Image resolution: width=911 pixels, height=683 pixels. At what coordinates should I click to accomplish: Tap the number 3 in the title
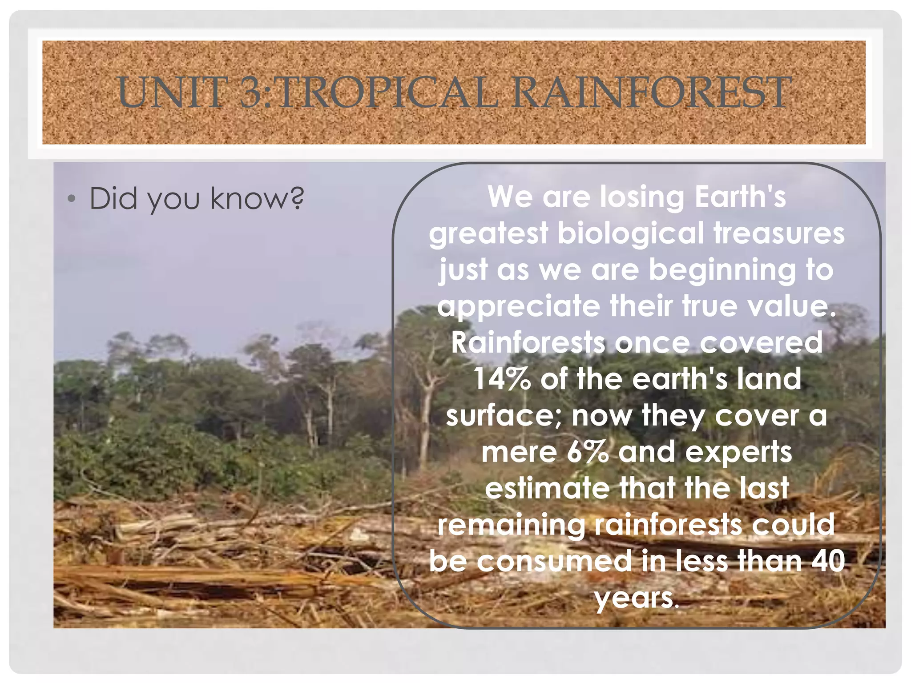click(x=251, y=92)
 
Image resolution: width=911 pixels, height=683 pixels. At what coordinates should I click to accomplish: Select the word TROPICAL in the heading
click(x=386, y=92)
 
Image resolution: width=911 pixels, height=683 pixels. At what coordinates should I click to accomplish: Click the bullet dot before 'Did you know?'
click(x=71, y=199)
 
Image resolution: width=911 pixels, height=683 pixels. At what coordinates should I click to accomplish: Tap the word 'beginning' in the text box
click(x=722, y=270)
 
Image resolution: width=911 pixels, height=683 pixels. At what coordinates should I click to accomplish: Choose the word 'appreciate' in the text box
click(x=518, y=307)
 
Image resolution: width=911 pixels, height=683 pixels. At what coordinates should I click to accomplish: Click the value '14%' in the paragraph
click(x=502, y=379)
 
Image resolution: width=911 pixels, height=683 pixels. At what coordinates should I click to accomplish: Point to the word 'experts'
click(x=738, y=453)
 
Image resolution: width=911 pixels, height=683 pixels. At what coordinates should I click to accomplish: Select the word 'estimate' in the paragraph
click(x=547, y=488)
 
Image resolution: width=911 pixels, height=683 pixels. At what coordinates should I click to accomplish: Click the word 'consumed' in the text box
click(x=554, y=561)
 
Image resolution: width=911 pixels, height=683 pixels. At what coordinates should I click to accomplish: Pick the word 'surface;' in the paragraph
click(x=504, y=416)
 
